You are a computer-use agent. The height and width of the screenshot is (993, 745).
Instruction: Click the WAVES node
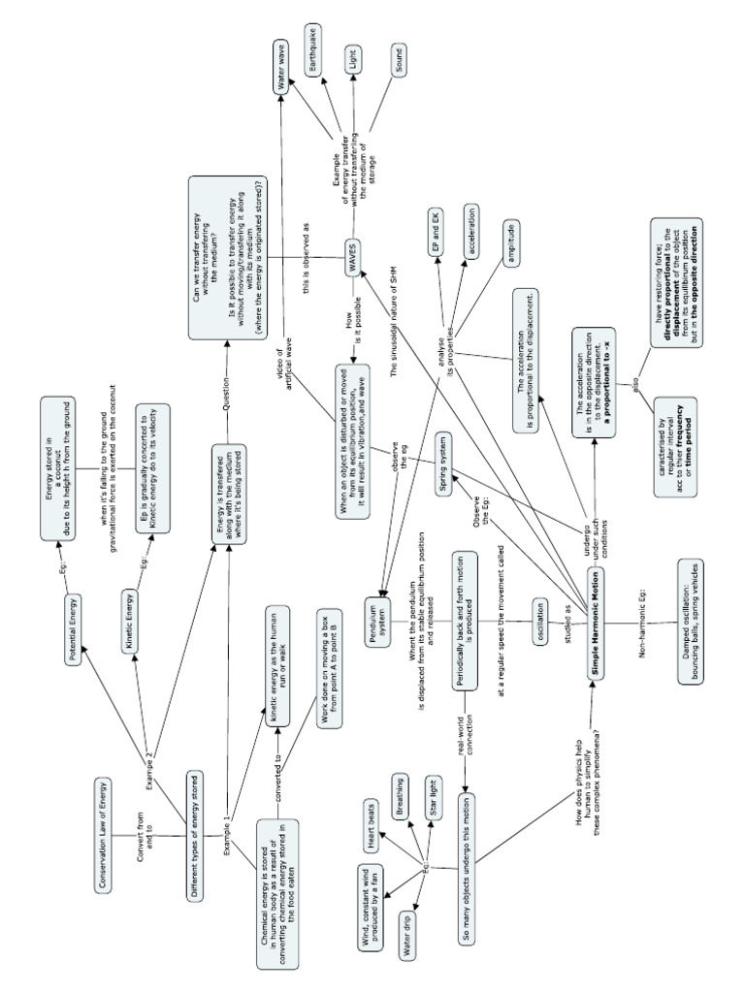click(x=344, y=256)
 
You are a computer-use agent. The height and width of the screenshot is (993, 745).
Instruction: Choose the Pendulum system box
click(x=383, y=603)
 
